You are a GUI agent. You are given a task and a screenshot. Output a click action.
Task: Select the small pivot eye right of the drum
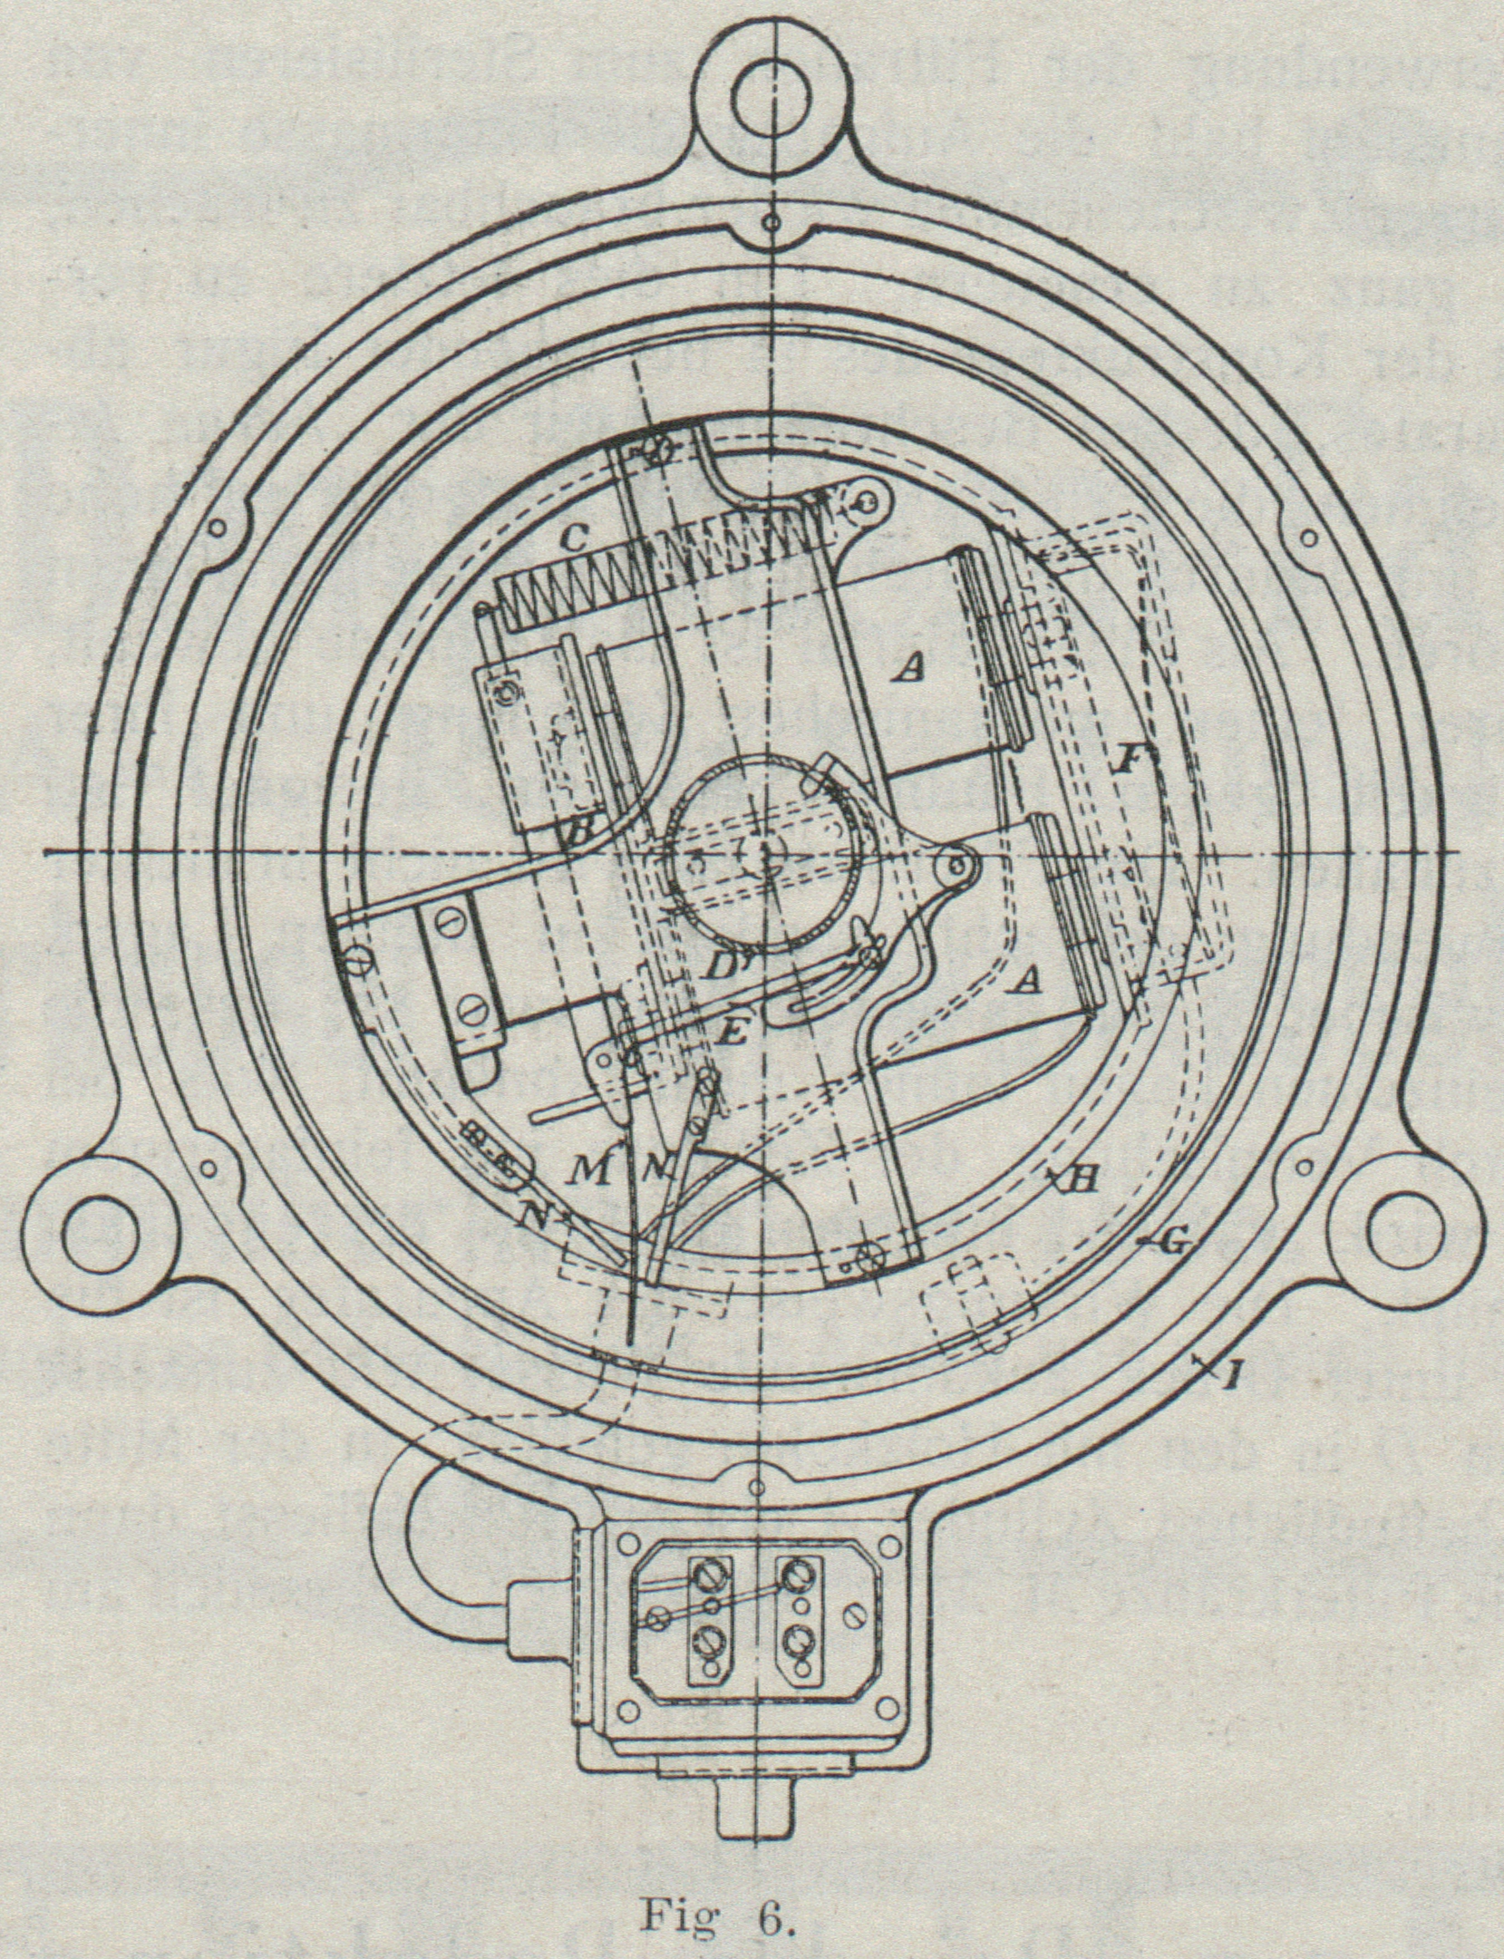pyautogui.click(x=957, y=866)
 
